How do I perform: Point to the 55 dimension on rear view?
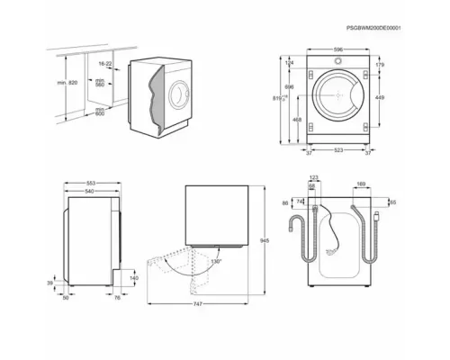392,202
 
